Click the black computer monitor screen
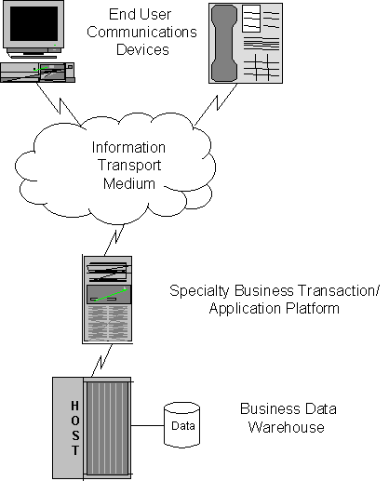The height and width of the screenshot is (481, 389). point(34,23)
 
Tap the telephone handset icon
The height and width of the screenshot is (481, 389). point(224,44)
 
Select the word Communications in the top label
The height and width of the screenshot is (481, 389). point(141,32)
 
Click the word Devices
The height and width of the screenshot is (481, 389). point(142,49)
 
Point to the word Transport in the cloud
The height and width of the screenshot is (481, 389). point(129,166)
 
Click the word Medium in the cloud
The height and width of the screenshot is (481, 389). point(129,183)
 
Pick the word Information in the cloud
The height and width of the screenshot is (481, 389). point(128,147)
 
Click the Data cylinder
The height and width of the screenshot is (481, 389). point(181,425)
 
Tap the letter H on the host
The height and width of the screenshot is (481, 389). point(75,406)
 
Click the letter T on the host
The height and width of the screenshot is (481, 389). point(75,450)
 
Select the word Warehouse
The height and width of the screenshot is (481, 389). point(287,427)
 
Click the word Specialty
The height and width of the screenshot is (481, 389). point(199,291)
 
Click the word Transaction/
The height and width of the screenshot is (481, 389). point(338,290)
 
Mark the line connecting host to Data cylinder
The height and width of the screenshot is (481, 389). point(147,425)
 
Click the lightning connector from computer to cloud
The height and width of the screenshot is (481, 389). point(60,104)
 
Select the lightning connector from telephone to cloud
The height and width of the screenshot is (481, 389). point(216,104)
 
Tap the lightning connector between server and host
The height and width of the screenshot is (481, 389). point(101,361)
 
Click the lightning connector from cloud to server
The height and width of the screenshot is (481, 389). point(114,240)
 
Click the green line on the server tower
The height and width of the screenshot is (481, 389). point(111,295)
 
